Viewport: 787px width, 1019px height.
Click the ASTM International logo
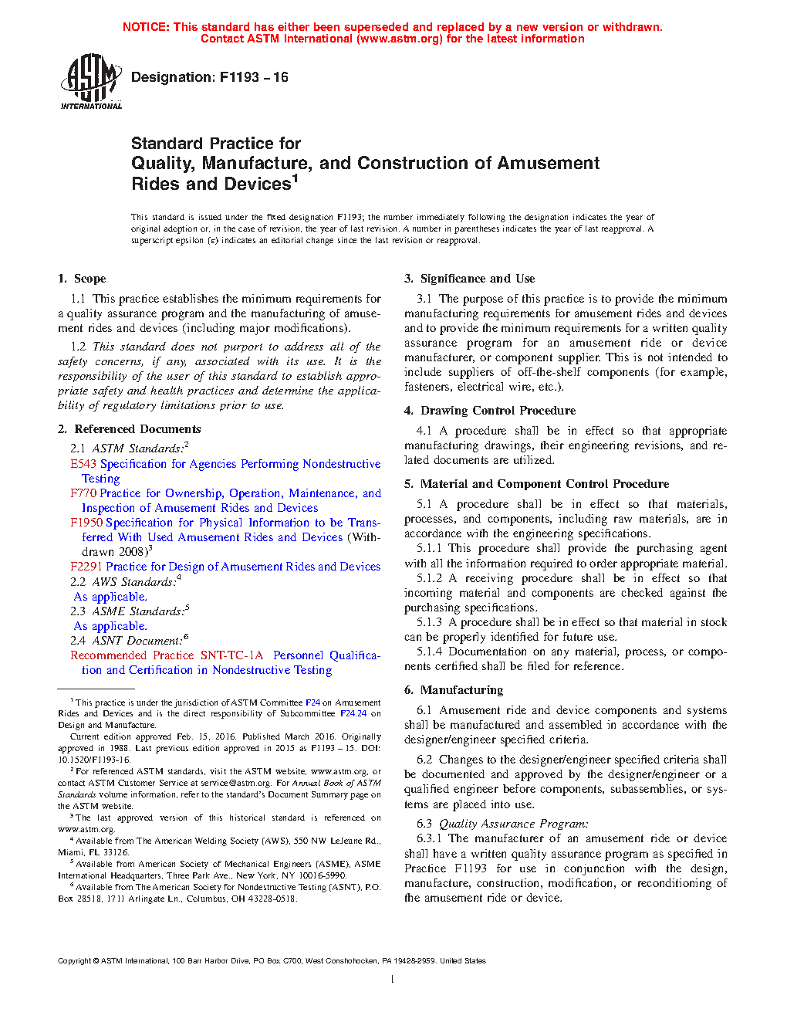(91, 81)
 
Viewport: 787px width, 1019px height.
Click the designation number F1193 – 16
(254, 77)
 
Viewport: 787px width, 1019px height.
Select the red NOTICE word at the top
(146, 27)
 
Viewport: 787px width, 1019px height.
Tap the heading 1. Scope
(82, 279)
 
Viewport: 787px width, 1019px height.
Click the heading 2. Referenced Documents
(130, 429)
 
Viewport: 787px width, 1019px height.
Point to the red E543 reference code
(83, 464)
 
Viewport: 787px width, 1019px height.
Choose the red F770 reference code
(83, 493)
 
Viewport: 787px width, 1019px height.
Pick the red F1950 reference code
(86, 523)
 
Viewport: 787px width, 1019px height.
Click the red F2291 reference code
(86, 567)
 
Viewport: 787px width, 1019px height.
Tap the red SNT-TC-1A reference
(231, 655)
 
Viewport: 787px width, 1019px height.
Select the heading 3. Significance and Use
(470, 279)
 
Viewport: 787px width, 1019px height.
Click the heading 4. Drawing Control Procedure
(490, 411)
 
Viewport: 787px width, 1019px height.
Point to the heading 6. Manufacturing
(454, 690)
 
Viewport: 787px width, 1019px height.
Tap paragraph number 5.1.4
(430, 652)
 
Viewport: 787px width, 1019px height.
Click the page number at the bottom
(393, 980)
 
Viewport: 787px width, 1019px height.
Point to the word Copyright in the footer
(74, 961)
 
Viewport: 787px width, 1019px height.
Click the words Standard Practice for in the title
(216, 144)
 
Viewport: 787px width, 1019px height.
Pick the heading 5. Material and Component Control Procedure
(537, 484)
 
